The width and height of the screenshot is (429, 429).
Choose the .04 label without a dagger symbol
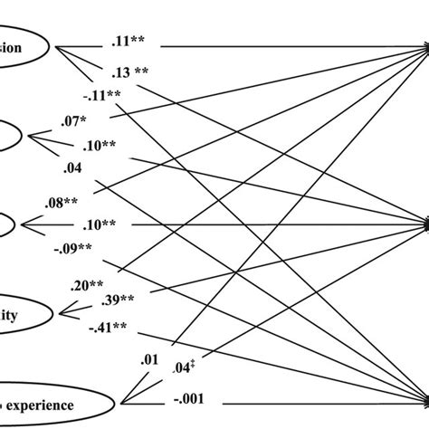pyautogui.click(x=75, y=167)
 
